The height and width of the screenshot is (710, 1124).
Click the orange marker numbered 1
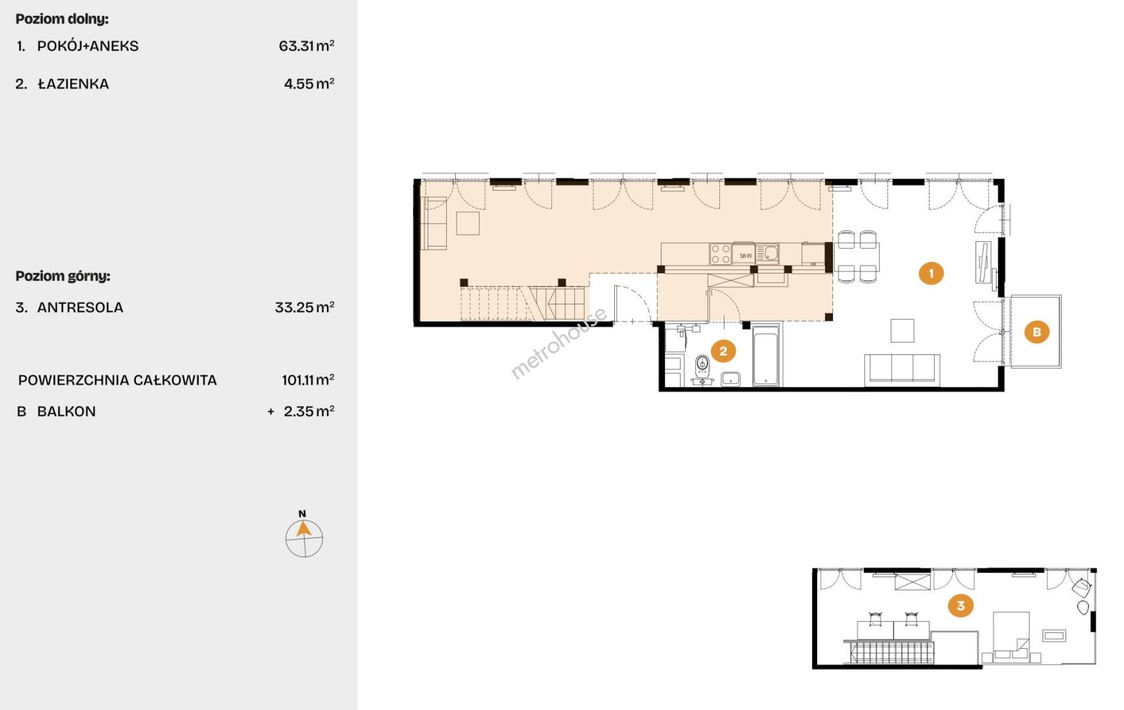[931, 273]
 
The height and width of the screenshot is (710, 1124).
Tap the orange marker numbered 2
[723, 351]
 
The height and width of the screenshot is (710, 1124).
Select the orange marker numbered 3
[960, 605]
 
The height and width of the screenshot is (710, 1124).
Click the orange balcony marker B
[1037, 332]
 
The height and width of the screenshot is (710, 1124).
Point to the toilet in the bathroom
[702, 366]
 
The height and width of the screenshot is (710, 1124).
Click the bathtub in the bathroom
[766, 355]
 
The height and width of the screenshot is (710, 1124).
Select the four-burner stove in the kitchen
[720, 254]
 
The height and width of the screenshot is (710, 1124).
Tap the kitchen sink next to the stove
[768, 254]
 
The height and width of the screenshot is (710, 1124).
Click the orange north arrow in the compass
[303, 529]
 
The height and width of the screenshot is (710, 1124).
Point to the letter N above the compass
[302, 513]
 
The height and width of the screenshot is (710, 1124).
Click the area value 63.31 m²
[307, 46]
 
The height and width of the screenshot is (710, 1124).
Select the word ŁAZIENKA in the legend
[74, 83]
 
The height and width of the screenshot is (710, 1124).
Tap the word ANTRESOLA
[80, 307]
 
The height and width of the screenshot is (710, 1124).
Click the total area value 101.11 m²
[308, 380]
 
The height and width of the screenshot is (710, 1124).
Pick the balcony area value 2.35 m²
[309, 412]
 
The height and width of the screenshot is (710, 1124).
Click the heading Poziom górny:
[62, 275]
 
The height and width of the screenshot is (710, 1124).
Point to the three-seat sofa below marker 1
[902, 370]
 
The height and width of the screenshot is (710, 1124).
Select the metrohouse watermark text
[558, 343]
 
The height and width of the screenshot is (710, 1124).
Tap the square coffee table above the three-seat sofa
[902, 331]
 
